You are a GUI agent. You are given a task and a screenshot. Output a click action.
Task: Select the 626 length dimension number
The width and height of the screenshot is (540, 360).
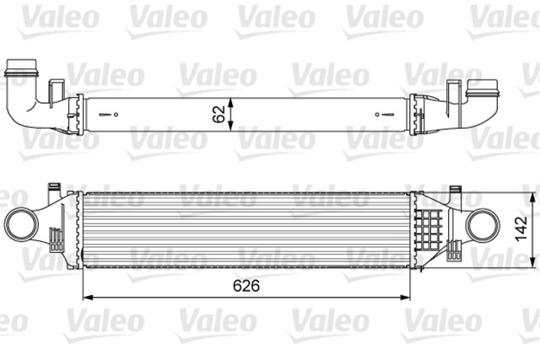pyautogui.click(x=245, y=286)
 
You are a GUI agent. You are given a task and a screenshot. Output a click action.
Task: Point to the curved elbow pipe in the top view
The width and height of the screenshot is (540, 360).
pyautogui.click(x=25, y=97)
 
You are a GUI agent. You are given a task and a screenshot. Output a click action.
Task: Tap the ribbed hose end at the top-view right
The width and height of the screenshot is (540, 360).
pyautogui.click(x=483, y=88)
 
